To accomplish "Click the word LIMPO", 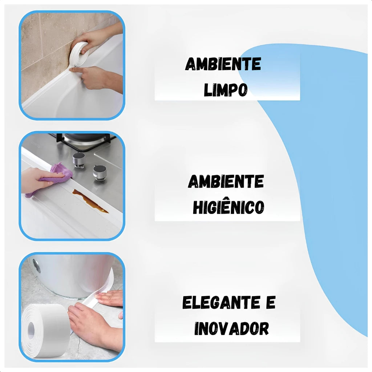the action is click(226, 90).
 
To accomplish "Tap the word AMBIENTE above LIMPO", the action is click(223, 64).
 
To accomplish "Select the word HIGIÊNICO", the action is click(229, 207).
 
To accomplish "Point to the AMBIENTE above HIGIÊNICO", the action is click(226, 182).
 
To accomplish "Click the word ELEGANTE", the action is click(221, 303).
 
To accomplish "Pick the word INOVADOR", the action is click(231, 328).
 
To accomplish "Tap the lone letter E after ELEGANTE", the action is click(271, 302).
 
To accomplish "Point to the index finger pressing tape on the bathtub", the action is click(78, 69).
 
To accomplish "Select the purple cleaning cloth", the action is click(56, 175).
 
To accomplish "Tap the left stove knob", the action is click(79, 160).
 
